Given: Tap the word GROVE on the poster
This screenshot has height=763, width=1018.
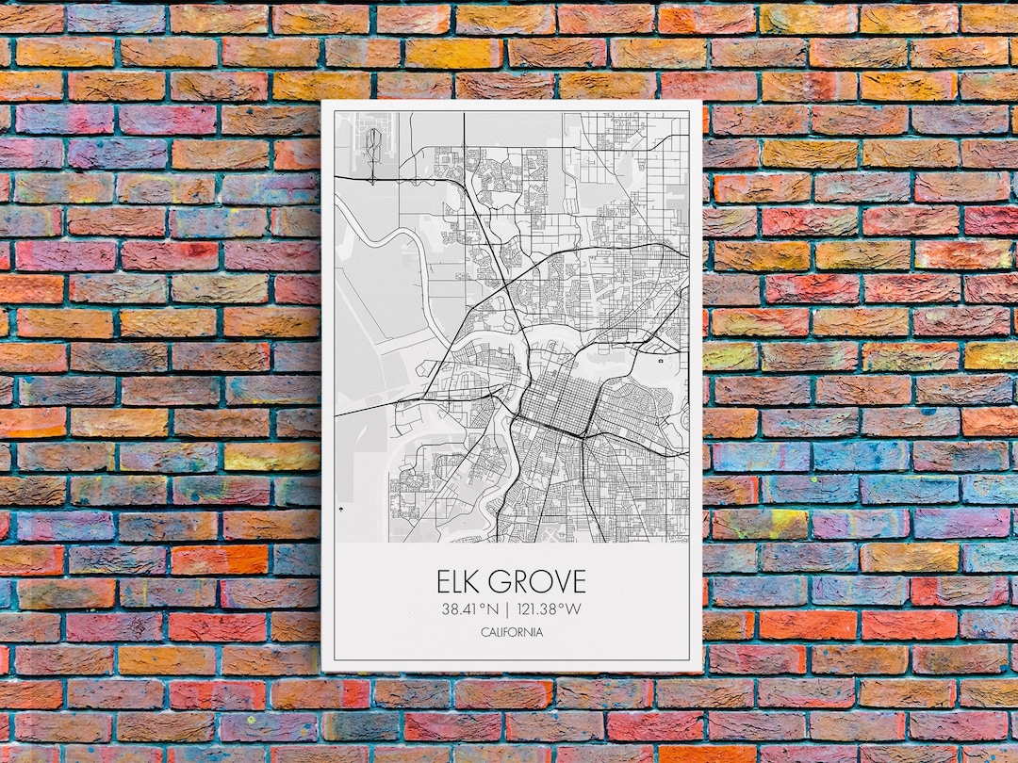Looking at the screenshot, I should point(538,581).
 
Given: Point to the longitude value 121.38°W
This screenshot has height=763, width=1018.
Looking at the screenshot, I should point(549,609).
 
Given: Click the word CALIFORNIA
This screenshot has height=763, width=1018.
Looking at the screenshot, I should point(512,632).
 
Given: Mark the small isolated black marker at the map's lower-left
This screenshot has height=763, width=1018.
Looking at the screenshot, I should point(338,509).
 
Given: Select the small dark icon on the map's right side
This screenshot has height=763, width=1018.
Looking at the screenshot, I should point(663,361).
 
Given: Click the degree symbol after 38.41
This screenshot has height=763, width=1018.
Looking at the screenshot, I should point(483,605).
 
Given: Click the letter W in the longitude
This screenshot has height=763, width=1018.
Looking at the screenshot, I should point(573,609).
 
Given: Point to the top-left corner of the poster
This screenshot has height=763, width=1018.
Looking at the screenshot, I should point(322,101).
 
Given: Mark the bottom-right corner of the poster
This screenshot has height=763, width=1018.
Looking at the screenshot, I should point(702,671).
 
